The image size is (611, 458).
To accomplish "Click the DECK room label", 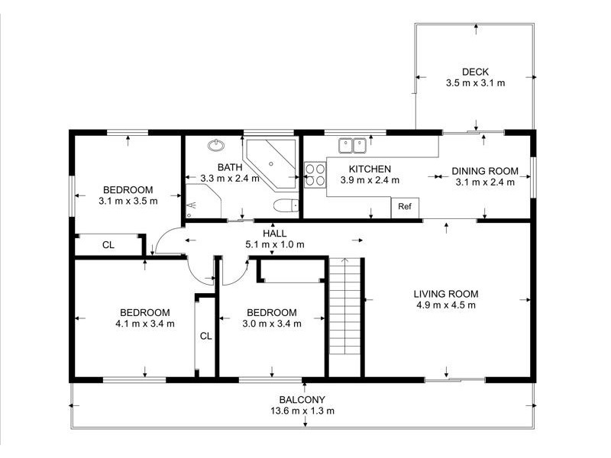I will [475, 72].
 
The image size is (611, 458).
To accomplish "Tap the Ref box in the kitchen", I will [405, 206].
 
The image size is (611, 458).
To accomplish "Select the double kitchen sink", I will [352, 143].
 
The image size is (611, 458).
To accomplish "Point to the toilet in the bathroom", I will [286, 205].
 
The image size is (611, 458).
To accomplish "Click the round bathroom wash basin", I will [216, 144].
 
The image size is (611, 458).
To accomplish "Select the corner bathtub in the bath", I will [272, 162].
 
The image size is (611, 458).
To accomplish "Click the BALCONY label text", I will [302, 399].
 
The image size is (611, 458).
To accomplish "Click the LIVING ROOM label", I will [446, 294].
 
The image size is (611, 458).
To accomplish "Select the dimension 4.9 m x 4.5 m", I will [445, 305].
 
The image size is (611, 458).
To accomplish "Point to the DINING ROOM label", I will [485, 170].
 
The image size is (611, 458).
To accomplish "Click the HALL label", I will [275, 233].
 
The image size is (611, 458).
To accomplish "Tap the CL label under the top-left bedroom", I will [108, 245].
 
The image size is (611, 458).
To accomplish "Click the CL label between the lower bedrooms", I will [205, 335].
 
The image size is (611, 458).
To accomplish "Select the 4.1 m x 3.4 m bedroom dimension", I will [144, 323].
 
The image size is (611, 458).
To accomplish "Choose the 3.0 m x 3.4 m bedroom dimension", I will [271, 323].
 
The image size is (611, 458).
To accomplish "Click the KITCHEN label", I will [370, 169].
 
